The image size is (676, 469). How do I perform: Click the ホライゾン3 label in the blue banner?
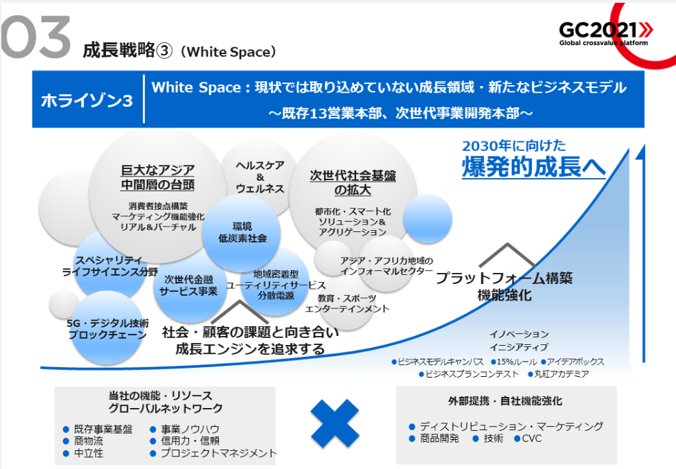pos(87,100)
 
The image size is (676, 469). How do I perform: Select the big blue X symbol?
pos(335,423)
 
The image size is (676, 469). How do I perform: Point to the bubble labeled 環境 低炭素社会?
pos(242,233)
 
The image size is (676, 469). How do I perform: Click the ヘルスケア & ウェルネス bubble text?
pos(260,177)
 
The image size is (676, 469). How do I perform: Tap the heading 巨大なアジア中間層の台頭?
pos(158,177)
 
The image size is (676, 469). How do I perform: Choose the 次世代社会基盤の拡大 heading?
pos(353,183)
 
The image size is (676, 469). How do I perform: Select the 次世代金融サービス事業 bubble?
pos(189,286)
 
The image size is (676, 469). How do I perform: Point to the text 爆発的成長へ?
pos(534,167)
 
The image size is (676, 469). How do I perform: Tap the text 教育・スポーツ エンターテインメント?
pos(347,303)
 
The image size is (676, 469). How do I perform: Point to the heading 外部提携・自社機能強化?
pos(506,401)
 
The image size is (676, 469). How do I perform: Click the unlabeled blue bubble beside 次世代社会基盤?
pos(427,218)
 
